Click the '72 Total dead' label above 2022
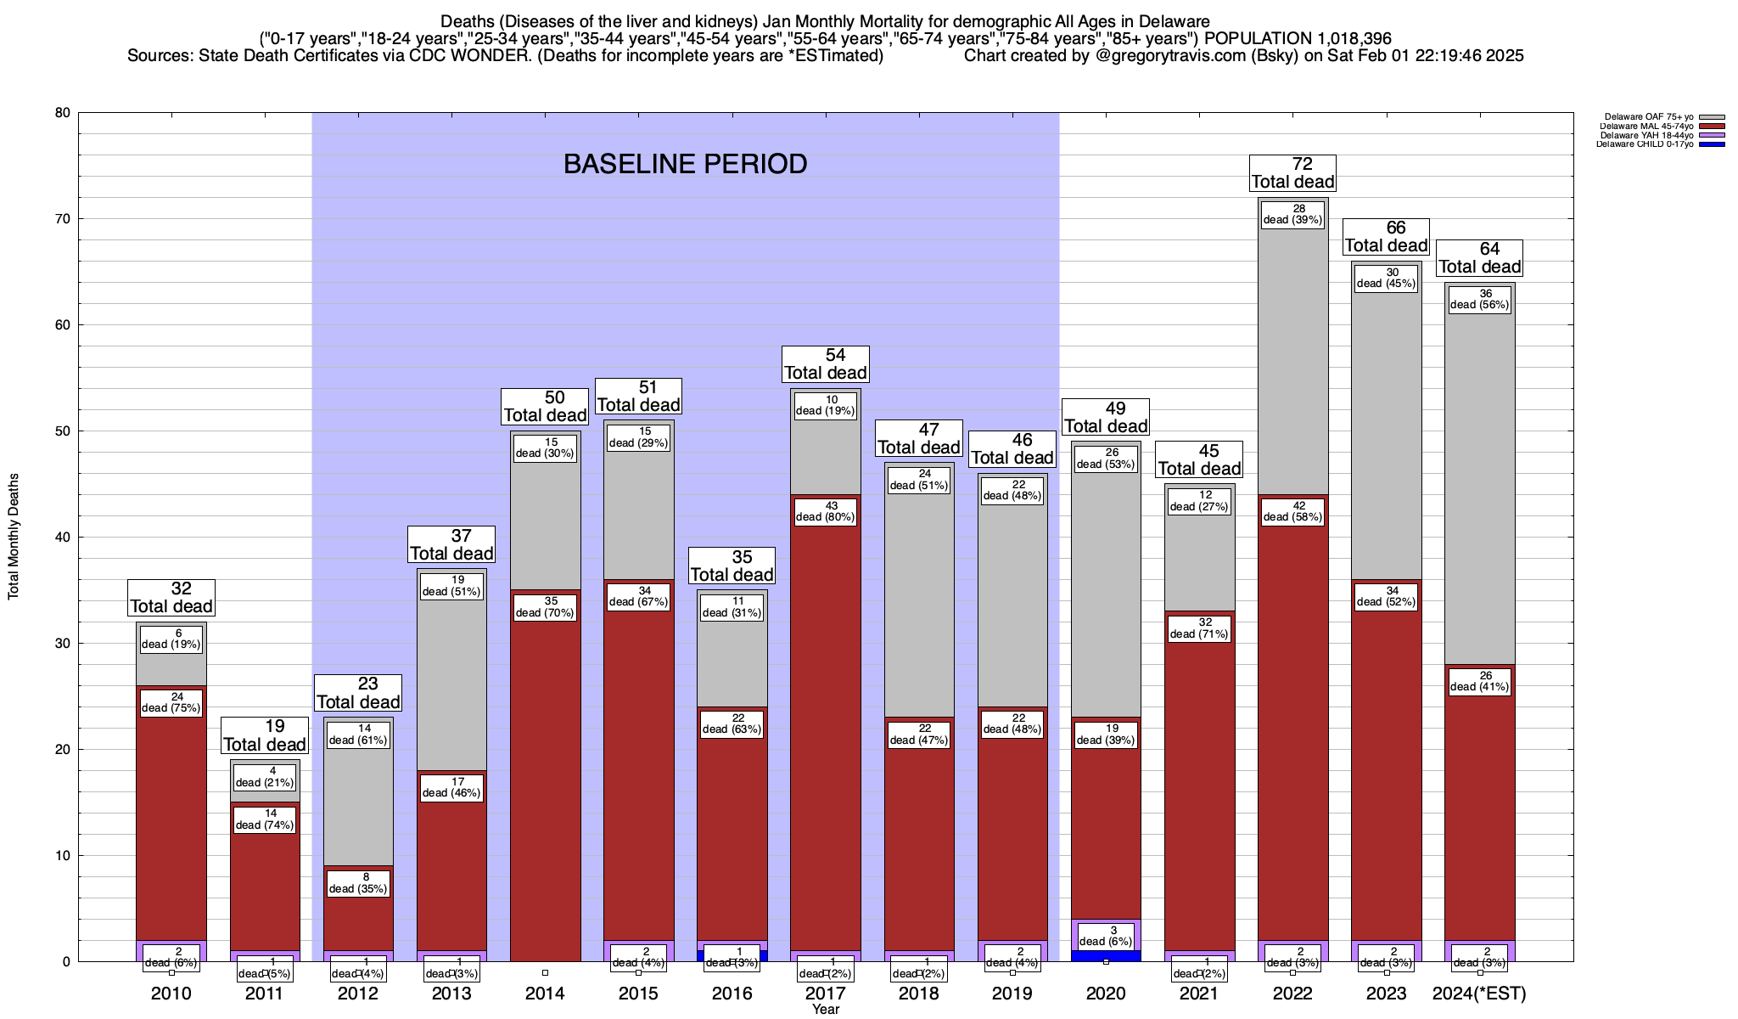click(1292, 172)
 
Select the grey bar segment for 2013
click(451, 679)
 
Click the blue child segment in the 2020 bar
click(1106, 955)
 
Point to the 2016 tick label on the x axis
click(732, 994)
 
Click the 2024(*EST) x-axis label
click(1479, 994)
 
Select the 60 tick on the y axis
click(63, 325)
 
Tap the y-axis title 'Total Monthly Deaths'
click(14, 537)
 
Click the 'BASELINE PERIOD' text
click(685, 164)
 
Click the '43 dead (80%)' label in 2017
click(826, 512)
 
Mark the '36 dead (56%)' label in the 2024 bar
click(1479, 300)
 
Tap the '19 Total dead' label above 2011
click(265, 735)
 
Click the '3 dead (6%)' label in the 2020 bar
click(1106, 936)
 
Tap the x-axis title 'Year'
click(825, 1009)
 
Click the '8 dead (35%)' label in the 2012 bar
click(358, 883)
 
